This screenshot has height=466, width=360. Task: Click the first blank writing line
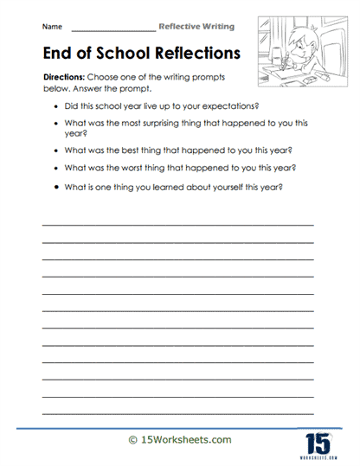(x=177, y=224)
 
